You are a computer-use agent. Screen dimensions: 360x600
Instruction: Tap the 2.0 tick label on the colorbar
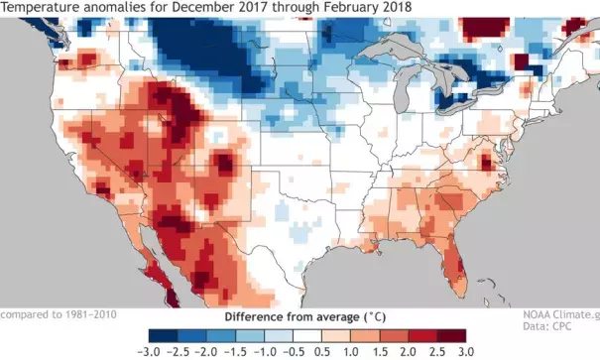pyautogui.click(x=408, y=349)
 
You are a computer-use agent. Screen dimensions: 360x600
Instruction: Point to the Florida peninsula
pyautogui.click(x=456, y=264)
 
